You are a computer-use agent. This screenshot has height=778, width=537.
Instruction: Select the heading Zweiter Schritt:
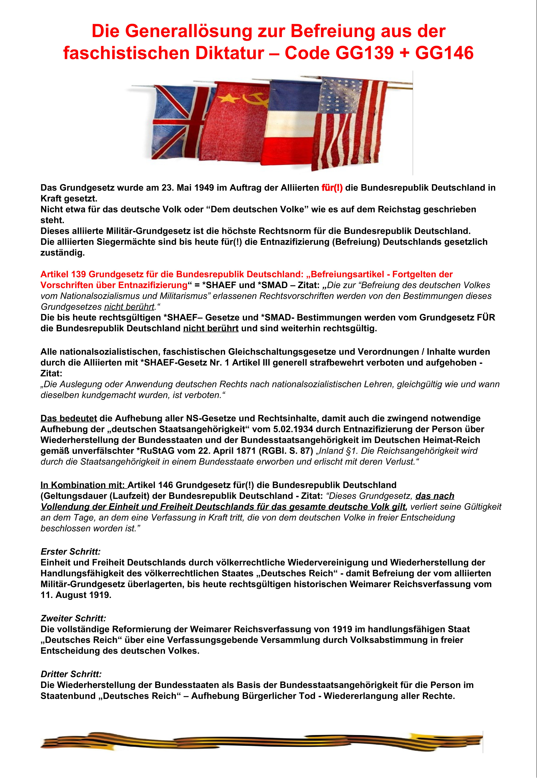point(73,618)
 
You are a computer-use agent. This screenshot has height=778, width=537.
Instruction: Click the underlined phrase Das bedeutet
point(69,418)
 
